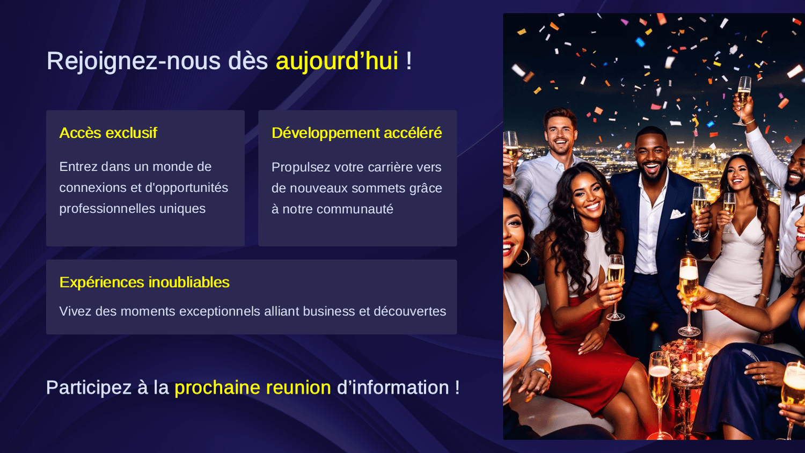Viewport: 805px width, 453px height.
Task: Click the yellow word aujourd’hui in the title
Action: (x=336, y=61)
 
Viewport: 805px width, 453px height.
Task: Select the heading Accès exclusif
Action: (x=108, y=133)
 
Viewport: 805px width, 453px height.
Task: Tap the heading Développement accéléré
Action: (x=356, y=133)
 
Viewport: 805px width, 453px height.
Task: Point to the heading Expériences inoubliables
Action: (x=144, y=282)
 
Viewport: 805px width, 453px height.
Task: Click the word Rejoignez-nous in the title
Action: (x=134, y=61)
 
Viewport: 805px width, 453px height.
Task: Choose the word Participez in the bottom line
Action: (x=89, y=388)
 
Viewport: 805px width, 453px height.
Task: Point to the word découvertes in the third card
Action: (x=409, y=311)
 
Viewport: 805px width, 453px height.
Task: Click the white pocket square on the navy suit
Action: (x=677, y=214)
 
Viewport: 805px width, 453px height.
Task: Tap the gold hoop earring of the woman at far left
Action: (x=523, y=258)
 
